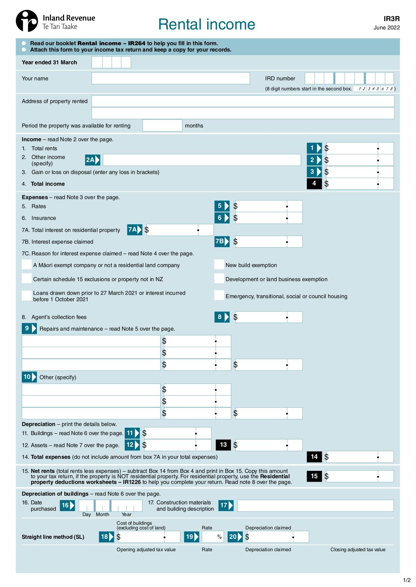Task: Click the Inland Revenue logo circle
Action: (x=27, y=21)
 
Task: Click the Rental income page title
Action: (x=206, y=24)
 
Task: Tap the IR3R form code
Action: (x=392, y=19)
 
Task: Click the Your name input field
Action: (x=171, y=78)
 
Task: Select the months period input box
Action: (x=162, y=125)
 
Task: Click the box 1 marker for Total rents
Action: (x=314, y=148)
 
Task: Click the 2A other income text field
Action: (x=201, y=160)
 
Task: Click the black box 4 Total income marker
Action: (x=314, y=183)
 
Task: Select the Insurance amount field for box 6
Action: (x=269, y=218)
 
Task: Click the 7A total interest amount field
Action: (x=180, y=230)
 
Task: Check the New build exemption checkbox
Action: (x=219, y=265)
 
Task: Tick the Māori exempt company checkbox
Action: (x=27, y=265)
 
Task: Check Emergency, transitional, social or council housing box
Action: (x=219, y=296)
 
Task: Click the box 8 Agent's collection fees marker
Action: (x=222, y=317)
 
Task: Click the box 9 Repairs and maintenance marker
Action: (x=29, y=329)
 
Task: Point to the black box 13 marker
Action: (x=223, y=445)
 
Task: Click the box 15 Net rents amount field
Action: (x=360, y=476)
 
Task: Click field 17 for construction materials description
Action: (x=315, y=505)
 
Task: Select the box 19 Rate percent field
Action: (x=213, y=537)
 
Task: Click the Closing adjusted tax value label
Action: (x=358, y=550)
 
